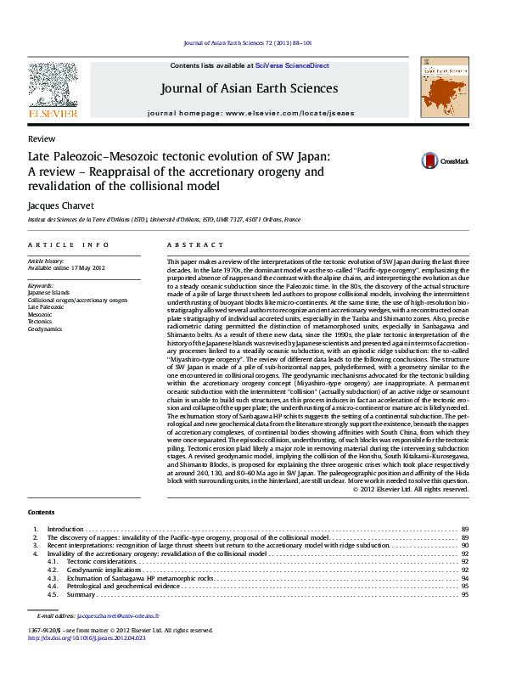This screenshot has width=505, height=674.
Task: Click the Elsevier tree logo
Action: pos(53,84)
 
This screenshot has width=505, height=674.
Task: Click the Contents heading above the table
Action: pos(41,512)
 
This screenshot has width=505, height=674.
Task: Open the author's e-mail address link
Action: pos(117,615)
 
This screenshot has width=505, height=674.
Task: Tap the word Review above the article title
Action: pos(42,138)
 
